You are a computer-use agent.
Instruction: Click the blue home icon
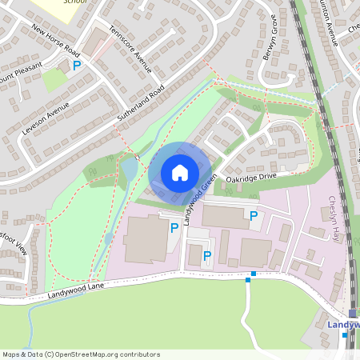[180, 173]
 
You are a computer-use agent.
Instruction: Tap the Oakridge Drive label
[250, 177]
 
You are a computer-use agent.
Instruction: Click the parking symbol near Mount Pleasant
[78, 66]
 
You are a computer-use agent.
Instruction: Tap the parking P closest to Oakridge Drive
[254, 215]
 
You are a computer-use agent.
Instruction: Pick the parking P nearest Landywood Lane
[206, 256]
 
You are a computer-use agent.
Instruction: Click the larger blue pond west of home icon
[129, 169]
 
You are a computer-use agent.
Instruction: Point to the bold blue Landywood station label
[345, 324]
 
